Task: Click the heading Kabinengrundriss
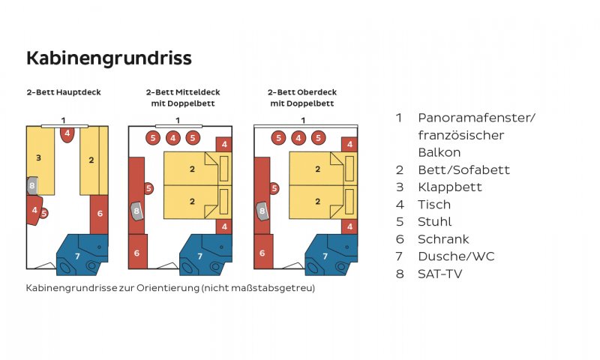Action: [109, 58]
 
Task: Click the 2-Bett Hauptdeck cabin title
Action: [64, 92]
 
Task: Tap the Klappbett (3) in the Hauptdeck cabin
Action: [40, 160]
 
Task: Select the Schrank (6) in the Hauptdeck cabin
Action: [100, 214]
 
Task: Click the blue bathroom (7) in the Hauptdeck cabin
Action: [82, 255]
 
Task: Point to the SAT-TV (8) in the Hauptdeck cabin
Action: [32, 186]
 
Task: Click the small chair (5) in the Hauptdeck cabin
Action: [44, 214]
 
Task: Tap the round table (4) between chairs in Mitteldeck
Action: [173, 138]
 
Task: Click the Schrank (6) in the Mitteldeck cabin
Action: [137, 252]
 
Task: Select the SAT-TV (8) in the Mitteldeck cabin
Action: [136, 211]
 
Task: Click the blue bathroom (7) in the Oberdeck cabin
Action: [331, 255]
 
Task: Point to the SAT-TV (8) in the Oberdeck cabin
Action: [262, 211]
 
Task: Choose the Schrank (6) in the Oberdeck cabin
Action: [263, 252]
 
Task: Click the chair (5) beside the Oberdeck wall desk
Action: [274, 188]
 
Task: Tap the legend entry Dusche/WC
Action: [456, 256]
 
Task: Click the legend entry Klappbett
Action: [449, 187]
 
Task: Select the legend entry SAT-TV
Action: [440, 274]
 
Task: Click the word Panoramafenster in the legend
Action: [475, 118]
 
